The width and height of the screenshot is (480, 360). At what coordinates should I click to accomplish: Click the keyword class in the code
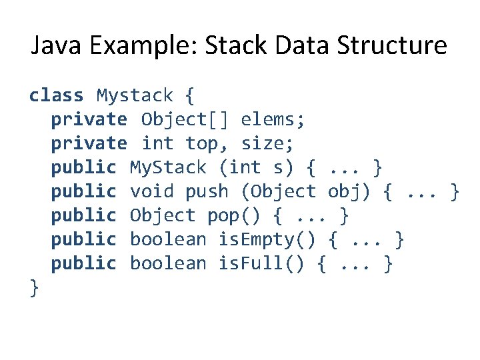57,96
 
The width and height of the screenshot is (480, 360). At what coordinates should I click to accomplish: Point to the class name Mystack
135,96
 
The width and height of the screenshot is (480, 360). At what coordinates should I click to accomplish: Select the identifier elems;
273,120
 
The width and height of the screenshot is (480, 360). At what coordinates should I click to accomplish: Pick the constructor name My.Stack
168,167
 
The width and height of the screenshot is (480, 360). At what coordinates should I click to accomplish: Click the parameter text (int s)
257,167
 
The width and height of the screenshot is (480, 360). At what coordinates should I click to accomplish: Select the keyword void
151,191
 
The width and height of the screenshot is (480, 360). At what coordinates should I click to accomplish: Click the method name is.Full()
262,263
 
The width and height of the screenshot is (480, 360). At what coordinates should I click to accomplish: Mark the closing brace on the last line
34,287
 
